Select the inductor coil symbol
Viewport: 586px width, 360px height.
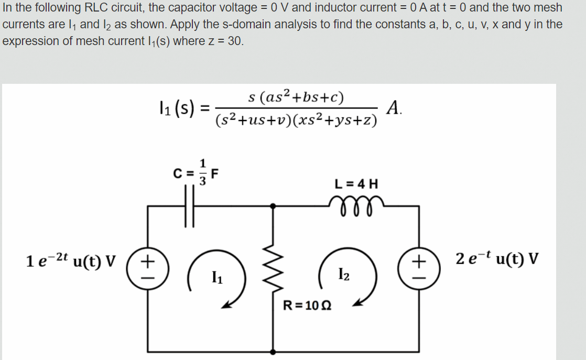(355, 202)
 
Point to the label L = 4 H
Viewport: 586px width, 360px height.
(355, 184)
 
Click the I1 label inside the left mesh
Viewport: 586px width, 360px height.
(214, 276)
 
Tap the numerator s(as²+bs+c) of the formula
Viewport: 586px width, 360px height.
(296, 97)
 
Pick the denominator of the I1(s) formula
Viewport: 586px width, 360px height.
(296, 119)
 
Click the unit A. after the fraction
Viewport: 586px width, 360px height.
(394, 108)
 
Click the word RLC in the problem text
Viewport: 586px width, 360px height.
(95, 8)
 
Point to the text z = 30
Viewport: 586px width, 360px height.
(229, 41)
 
